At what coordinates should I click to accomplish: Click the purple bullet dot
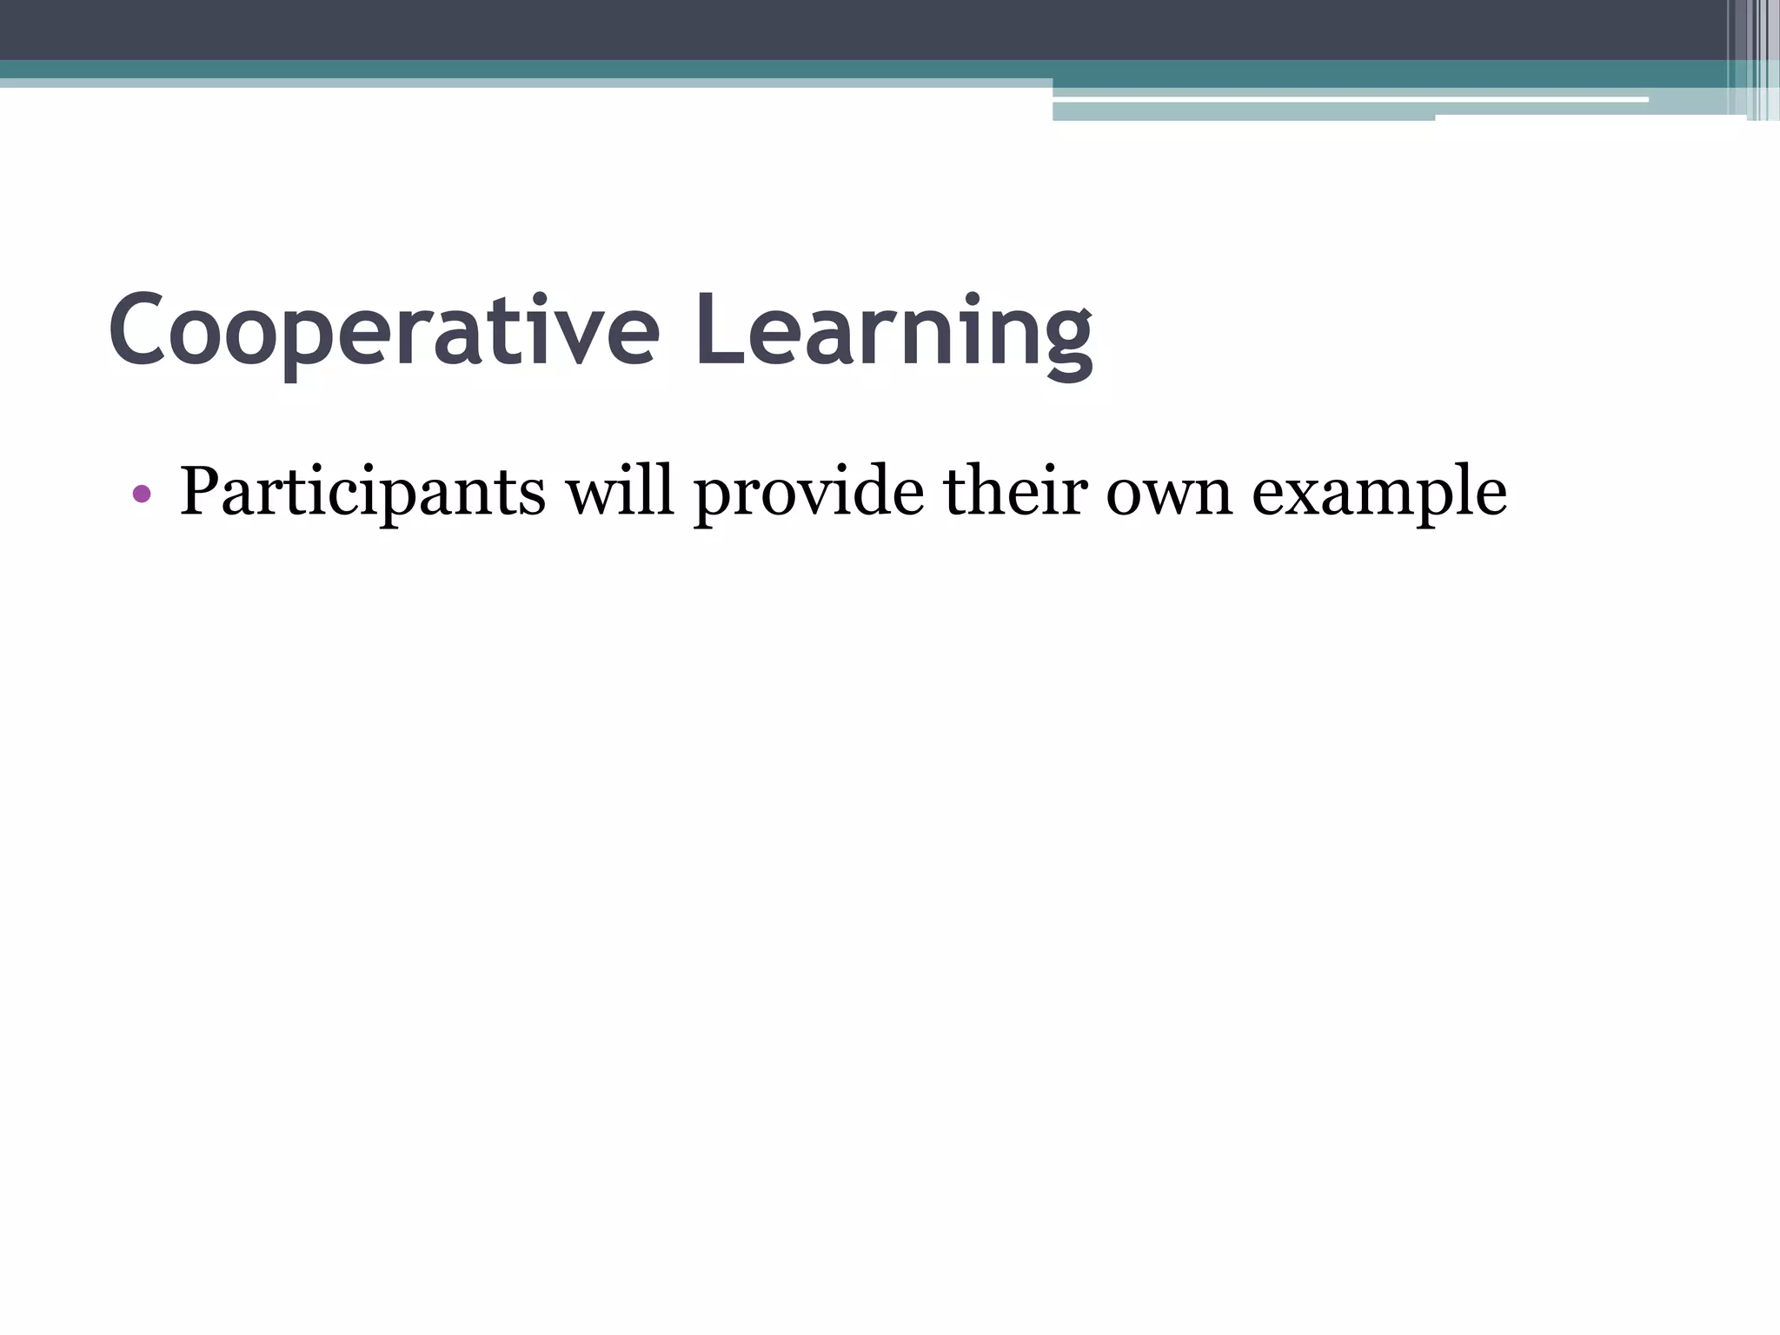pyautogui.click(x=142, y=495)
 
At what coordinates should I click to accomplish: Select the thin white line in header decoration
pyautogui.click(x=1347, y=100)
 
